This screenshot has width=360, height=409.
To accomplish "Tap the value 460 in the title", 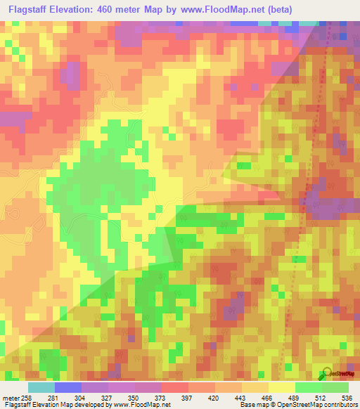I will coord(129,10).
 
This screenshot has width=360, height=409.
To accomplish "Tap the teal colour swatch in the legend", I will coord(41,387).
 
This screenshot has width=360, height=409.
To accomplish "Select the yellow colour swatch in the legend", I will coord(281,387).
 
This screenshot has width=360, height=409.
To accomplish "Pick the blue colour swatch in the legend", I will coord(67,387).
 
